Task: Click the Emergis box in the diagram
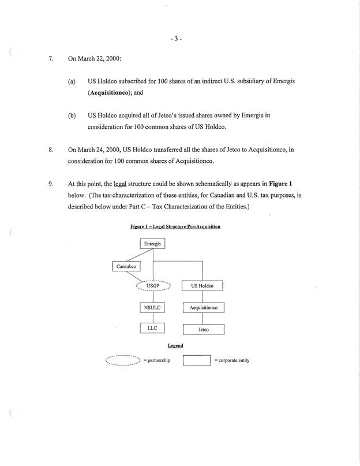coord(152,244)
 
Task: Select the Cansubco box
coord(126,266)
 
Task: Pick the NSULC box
coord(153,307)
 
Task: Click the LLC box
coord(153,328)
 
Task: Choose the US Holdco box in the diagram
coord(202,286)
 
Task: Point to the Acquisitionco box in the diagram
coord(203,308)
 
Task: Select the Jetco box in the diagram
coord(203,329)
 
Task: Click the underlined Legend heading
coord(175,346)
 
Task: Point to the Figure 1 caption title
coord(175,227)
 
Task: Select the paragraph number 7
coord(51,59)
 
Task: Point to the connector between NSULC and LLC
coord(153,318)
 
